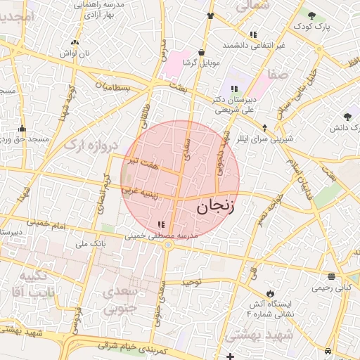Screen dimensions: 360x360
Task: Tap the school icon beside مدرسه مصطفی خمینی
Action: click(x=162, y=224)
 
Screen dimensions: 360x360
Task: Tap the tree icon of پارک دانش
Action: click(x=347, y=117)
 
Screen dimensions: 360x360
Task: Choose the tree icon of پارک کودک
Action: click(x=311, y=15)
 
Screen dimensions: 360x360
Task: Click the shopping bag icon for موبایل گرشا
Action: click(x=202, y=52)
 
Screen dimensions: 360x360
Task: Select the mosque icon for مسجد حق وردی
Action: click(x=22, y=129)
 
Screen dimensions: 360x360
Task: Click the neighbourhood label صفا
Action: click(x=277, y=73)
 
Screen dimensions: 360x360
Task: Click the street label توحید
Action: click(x=192, y=282)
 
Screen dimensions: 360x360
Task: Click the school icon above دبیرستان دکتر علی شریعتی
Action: click(x=234, y=89)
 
